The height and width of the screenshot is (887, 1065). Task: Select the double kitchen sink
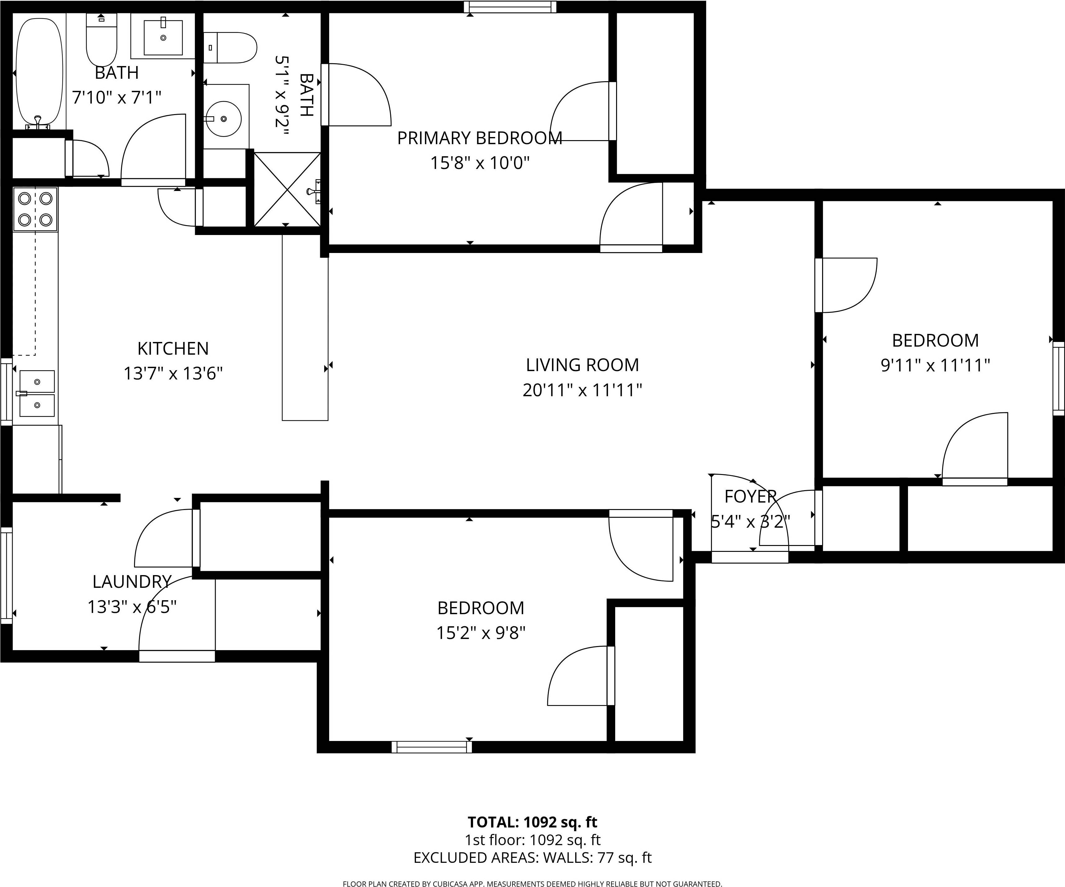point(37,393)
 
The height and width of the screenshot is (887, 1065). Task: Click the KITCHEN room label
point(173,349)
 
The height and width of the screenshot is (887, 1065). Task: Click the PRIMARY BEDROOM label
point(479,138)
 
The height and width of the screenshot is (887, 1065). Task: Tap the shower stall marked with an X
point(287,189)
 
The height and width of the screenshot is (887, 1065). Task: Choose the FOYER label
point(750,496)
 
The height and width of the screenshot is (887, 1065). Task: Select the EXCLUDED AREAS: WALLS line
point(532,857)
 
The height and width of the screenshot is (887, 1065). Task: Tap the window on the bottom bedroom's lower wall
point(432,747)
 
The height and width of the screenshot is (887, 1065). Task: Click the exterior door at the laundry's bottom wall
point(177,656)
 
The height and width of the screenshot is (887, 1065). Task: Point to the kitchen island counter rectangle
point(305,330)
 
